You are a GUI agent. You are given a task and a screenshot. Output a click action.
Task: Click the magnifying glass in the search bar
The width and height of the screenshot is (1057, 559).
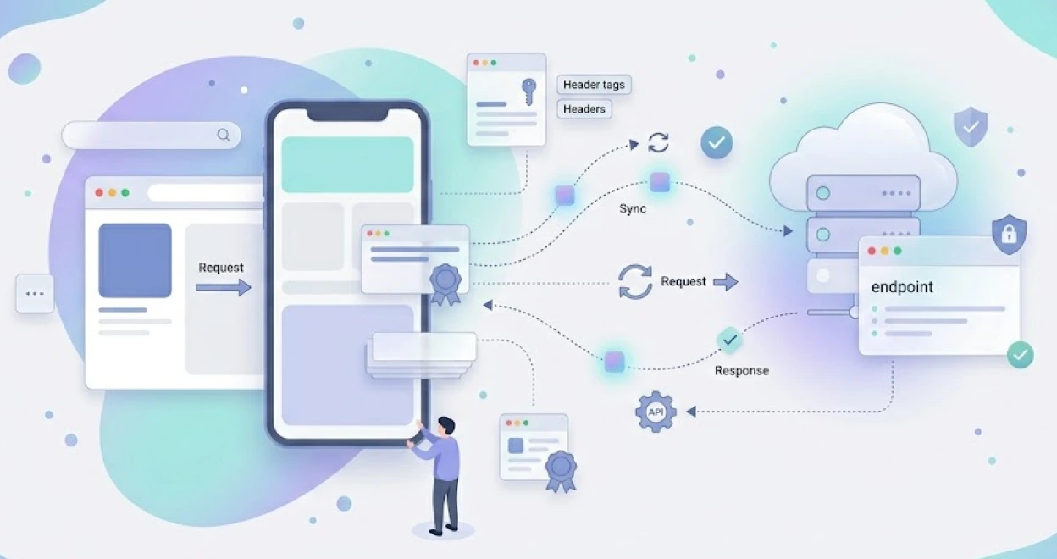224,136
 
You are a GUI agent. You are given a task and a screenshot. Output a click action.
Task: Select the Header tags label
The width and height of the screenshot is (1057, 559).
594,85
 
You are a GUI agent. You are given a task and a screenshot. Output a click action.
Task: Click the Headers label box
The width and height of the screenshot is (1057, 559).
584,109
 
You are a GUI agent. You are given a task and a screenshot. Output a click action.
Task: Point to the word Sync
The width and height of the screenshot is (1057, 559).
633,209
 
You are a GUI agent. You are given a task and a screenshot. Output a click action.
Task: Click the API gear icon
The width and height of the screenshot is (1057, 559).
656,412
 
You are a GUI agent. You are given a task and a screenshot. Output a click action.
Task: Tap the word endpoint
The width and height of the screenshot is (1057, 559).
902,287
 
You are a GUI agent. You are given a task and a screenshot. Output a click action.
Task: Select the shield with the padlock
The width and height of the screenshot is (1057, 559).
1009,234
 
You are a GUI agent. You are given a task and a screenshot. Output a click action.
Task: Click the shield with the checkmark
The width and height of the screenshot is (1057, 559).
971,126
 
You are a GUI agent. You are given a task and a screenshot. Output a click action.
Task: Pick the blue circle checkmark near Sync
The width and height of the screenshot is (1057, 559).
717,142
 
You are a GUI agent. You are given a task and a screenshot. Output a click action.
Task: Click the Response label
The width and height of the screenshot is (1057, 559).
742,371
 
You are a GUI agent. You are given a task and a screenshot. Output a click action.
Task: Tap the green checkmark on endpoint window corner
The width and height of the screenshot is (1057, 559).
1021,355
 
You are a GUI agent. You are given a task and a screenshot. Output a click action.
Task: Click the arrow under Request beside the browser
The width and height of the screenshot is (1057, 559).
223,287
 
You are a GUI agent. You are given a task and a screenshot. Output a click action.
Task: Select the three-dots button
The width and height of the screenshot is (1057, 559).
35,293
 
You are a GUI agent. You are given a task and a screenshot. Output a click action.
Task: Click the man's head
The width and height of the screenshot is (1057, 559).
445,425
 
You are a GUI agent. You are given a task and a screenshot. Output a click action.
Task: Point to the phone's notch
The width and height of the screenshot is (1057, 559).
347,114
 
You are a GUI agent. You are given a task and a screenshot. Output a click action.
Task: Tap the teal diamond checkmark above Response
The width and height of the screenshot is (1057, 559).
729,340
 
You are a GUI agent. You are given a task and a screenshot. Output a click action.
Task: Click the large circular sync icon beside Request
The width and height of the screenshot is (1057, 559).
635,282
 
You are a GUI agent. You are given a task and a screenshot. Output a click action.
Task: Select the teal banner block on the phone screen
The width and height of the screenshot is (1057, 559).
347,164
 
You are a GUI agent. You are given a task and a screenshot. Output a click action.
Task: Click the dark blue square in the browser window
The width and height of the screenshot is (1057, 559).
135,260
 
